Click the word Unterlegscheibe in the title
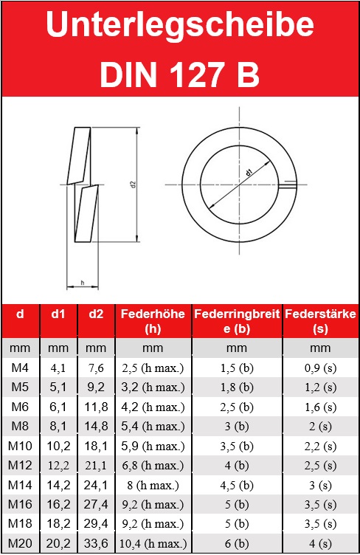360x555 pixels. [180, 27]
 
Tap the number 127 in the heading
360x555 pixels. [197, 75]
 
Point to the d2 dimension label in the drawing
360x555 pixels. [134, 185]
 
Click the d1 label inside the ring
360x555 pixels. [249, 173]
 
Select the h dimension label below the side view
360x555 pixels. [83, 283]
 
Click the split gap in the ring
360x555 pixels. [288, 185]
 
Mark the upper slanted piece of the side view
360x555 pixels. [79, 156]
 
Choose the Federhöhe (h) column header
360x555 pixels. [153, 321]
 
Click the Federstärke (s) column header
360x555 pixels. [320, 321]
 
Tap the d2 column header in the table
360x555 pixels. [96, 314]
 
